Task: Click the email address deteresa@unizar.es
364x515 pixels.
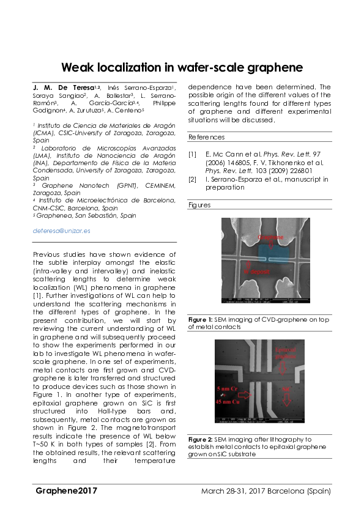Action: point(61,231)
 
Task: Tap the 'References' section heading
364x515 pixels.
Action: point(205,136)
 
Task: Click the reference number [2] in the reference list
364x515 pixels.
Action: point(193,179)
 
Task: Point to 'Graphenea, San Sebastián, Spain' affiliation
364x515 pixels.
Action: point(85,215)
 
